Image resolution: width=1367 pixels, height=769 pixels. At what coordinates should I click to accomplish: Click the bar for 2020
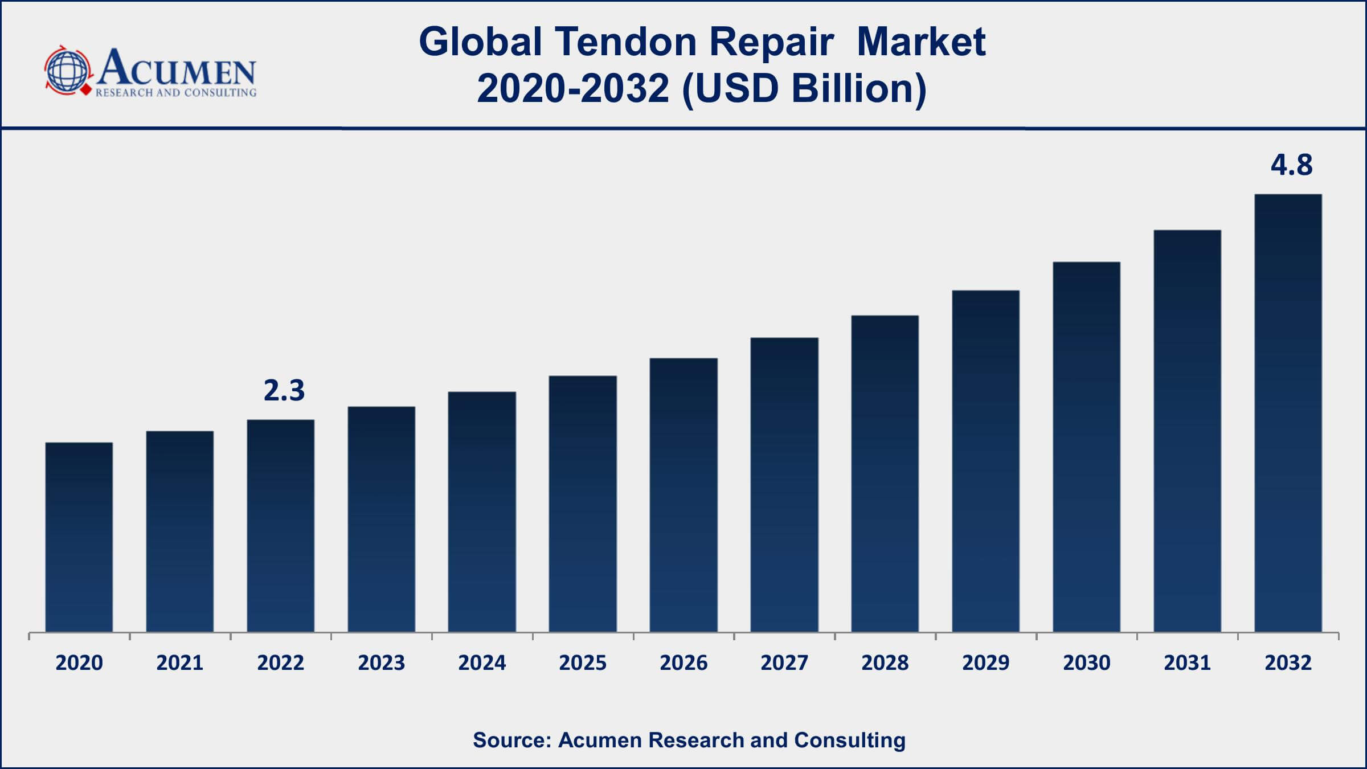tap(79, 537)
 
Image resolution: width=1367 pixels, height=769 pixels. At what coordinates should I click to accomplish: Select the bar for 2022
tap(281, 525)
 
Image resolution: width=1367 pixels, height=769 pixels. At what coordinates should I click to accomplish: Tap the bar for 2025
tap(583, 504)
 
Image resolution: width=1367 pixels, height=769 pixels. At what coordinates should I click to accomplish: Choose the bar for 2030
tap(1087, 447)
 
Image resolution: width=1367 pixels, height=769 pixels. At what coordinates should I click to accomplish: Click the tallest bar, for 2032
tap(1288, 412)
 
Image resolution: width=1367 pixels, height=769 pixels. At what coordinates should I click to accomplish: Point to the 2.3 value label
tap(284, 391)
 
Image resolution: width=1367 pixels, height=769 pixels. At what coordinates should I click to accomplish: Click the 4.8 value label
tap(1292, 165)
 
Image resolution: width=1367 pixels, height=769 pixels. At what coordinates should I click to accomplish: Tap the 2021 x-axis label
tap(180, 663)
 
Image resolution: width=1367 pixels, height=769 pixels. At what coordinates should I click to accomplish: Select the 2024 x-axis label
tap(482, 663)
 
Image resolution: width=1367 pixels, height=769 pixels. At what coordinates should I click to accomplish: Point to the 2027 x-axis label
tap(784, 663)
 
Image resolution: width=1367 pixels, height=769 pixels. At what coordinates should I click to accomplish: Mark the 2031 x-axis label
tap(1187, 663)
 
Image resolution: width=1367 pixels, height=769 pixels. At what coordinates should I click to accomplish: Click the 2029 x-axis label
tap(986, 663)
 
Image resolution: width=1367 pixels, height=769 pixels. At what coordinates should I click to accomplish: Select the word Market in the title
tap(921, 42)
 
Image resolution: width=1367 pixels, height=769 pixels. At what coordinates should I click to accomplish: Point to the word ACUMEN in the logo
tap(177, 67)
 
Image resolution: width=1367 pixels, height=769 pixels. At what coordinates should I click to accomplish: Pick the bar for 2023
tap(382, 519)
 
